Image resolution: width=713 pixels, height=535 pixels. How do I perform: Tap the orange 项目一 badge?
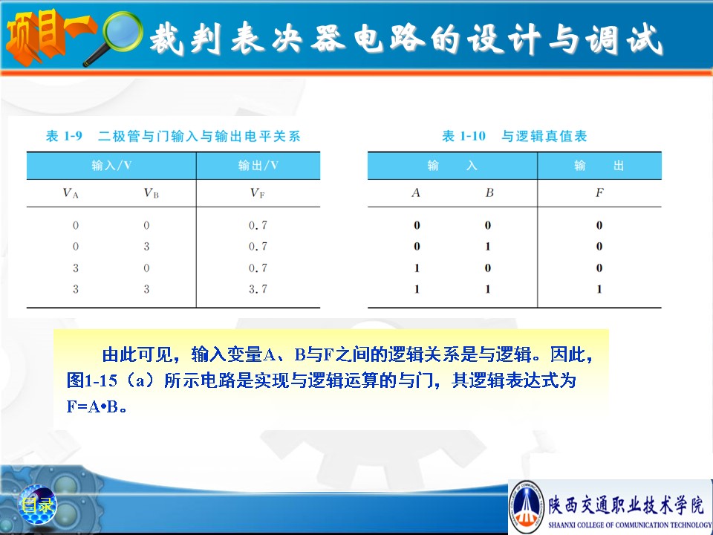(x=50, y=36)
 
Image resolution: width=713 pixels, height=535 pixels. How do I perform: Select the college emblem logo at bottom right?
(x=527, y=506)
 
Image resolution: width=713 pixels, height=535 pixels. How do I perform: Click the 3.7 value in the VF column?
(x=258, y=289)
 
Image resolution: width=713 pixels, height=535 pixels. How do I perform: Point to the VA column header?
(x=71, y=193)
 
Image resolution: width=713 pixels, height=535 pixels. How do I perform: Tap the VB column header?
(x=151, y=193)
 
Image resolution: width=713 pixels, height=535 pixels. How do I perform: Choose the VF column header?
(x=258, y=193)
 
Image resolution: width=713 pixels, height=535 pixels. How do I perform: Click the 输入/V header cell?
(x=111, y=166)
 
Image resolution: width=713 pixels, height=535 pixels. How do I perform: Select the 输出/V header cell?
(x=258, y=166)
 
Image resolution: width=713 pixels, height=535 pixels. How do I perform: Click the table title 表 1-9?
(x=64, y=136)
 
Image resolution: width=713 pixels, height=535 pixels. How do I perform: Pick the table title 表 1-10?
(x=463, y=136)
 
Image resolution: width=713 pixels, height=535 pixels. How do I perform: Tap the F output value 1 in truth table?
(x=599, y=289)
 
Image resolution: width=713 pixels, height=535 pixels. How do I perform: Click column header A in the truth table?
(x=416, y=193)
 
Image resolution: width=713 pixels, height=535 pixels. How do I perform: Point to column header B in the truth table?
(x=489, y=193)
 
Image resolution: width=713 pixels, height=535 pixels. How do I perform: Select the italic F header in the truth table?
(x=600, y=193)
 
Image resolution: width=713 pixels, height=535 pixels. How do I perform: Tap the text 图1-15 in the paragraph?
(x=92, y=380)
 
